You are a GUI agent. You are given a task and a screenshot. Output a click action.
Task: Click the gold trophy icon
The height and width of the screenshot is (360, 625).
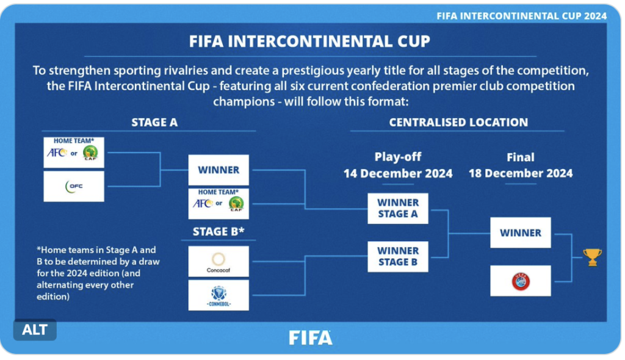[592, 257]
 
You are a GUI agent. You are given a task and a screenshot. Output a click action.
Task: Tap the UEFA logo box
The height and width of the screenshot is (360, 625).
[521, 281]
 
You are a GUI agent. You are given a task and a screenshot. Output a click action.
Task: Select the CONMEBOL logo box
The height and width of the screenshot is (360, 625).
[219, 295]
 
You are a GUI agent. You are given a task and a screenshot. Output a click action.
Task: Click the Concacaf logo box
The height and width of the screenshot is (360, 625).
[219, 261]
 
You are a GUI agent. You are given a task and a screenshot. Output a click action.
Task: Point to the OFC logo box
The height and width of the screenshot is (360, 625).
[74, 186]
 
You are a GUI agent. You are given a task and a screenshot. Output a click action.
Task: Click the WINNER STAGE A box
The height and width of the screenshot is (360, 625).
[398, 209]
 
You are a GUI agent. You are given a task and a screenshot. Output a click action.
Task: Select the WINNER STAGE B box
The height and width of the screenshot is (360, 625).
[398, 256]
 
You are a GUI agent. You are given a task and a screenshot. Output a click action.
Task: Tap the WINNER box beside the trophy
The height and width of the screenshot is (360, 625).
[521, 232]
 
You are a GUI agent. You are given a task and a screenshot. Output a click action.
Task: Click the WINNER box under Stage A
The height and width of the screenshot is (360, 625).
[219, 170]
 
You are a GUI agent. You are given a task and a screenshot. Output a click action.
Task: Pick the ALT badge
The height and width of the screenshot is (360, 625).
[35, 329]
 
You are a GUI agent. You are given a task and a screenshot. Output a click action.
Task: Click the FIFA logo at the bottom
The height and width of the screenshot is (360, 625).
[311, 337]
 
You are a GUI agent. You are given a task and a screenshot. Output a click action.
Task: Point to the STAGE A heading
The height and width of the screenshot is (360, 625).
[154, 123]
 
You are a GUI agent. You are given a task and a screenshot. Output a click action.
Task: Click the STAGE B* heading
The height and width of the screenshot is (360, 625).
[219, 232]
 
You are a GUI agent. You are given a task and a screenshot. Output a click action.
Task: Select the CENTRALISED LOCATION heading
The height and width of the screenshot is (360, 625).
[458, 123]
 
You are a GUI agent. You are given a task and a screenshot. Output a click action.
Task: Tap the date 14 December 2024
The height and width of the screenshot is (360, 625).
[398, 173]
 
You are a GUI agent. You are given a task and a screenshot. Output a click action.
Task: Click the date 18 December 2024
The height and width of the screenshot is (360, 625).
[521, 173]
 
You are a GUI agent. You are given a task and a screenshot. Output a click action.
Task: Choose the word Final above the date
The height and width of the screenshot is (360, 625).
[521, 157]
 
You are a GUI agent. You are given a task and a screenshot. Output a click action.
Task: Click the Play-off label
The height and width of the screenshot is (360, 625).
[398, 157]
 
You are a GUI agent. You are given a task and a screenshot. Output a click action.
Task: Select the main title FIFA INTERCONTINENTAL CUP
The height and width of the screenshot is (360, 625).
[309, 41]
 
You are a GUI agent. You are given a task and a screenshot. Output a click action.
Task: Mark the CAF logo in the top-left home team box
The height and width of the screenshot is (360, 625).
[90, 153]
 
